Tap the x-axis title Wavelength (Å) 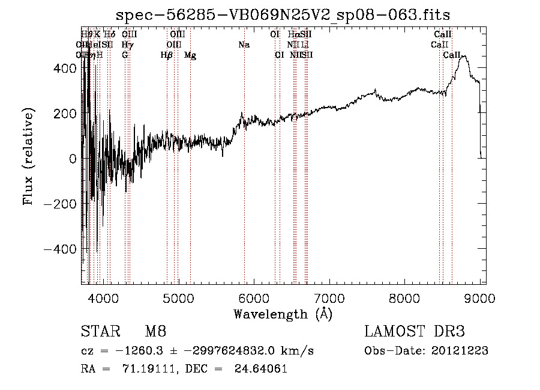(283, 314)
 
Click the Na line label (244, 45)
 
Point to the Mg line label (190, 55)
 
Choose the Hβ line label (167, 55)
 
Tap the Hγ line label (127, 45)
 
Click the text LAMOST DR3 (415, 331)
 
